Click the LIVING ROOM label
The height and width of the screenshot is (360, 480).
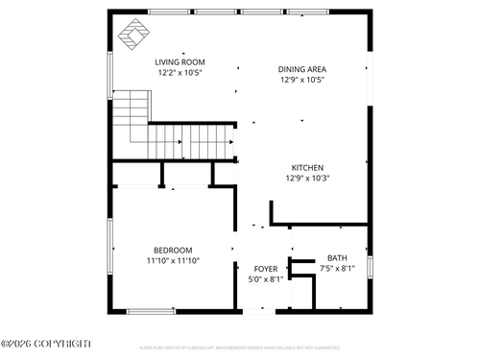(180, 62)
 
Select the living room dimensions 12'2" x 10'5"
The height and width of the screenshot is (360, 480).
(180, 72)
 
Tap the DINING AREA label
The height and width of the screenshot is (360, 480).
(301, 70)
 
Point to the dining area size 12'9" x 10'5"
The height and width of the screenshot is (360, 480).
(301, 80)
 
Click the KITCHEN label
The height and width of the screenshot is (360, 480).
(307, 168)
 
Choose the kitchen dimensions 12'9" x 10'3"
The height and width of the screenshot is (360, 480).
(307, 178)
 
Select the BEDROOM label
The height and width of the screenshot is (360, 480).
(173, 251)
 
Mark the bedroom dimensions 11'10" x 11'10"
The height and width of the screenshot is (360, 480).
(173, 260)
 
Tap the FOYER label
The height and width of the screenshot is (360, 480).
(265, 270)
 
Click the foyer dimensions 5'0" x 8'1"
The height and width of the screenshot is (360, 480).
(265, 279)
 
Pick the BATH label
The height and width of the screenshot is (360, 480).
(337, 258)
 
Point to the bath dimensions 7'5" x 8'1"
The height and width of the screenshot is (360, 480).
(337, 268)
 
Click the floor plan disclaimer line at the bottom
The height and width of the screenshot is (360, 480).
(240, 348)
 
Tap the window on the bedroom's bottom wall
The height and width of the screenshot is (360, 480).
(152, 310)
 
